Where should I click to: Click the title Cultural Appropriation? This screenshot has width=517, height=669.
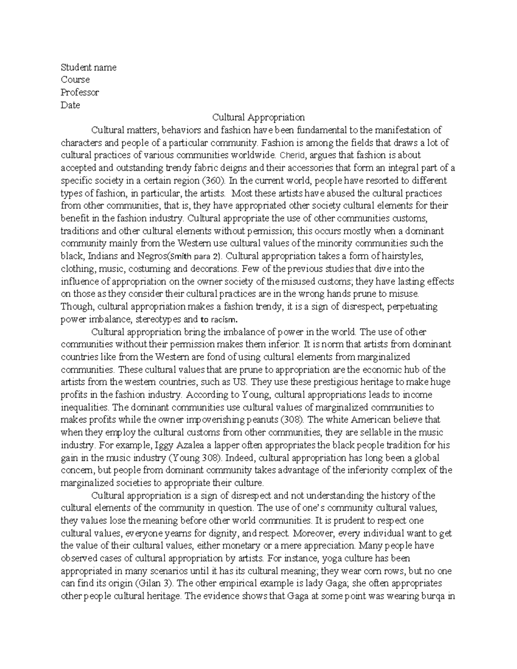pyautogui.click(x=258, y=117)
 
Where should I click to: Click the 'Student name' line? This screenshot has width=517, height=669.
pyautogui.click(x=88, y=67)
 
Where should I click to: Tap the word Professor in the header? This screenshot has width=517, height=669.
pyautogui.click(x=80, y=92)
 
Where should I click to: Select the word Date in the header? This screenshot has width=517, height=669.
pyautogui.click(x=70, y=105)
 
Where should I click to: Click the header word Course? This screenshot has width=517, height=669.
pyautogui.click(x=75, y=80)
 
